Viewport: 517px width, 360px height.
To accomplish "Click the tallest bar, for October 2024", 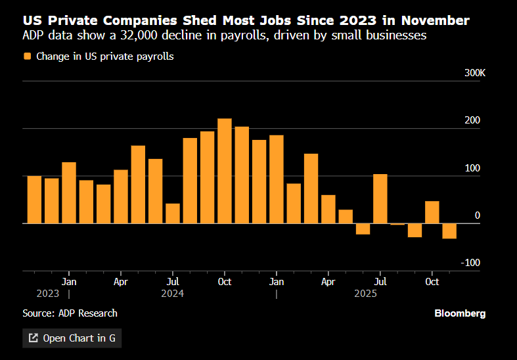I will click(225, 171).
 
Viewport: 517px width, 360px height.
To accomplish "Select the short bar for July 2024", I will click(173, 214).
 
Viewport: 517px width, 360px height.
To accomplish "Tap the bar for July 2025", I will click(380, 198).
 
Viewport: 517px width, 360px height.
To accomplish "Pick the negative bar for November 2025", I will click(449, 231).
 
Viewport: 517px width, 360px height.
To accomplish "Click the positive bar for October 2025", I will click(432, 212).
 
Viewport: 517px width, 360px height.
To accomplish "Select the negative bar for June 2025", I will click(363, 229).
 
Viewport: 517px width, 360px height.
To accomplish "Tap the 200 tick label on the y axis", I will click(473, 120).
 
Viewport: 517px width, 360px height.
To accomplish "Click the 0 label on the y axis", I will click(478, 215).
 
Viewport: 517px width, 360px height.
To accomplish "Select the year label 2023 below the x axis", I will click(48, 294).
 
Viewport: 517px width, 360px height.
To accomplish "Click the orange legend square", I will click(27, 56).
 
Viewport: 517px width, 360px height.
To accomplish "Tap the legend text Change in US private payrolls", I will click(105, 56).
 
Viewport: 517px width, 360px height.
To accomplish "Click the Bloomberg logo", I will click(460, 313).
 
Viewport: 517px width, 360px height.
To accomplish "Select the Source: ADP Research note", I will click(70, 313).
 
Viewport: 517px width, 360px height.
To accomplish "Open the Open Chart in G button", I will click(72, 338).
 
